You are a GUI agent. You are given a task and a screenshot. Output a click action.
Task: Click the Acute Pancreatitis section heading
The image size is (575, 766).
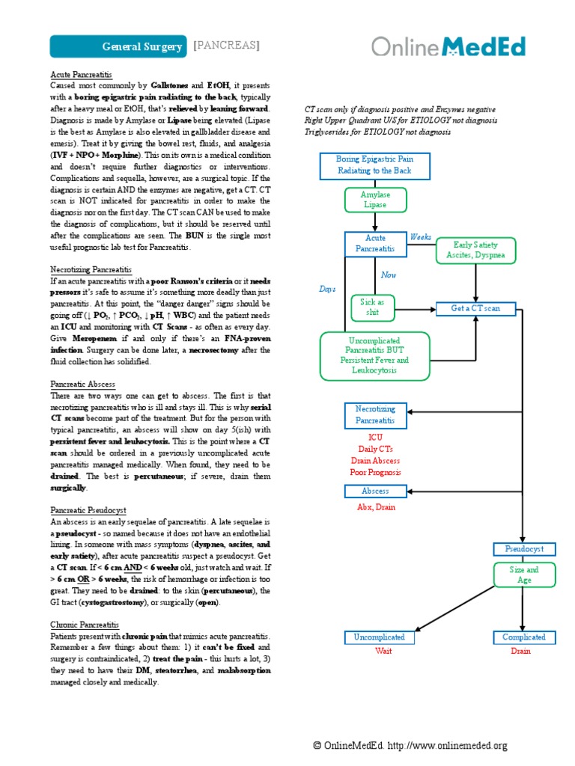pyautogui.click(x=81, y=76)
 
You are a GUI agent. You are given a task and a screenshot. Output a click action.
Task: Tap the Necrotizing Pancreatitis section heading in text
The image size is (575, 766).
pyautogui.click(x=91, y=269)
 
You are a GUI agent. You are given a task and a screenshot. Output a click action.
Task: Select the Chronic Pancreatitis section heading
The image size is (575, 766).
pyautogui.click(x=85, y=625)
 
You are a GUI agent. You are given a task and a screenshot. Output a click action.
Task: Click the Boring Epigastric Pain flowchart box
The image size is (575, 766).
pyautogui.click(x=374, y=165)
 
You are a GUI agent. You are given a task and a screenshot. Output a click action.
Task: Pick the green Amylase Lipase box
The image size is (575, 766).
pyautogui.click(x=374, y=199)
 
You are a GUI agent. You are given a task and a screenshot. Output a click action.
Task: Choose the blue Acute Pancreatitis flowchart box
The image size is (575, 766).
pyautogui.click(x=374, y=243)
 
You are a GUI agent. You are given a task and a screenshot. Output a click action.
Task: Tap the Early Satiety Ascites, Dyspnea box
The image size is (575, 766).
pyautogui.click(x=475, y=250)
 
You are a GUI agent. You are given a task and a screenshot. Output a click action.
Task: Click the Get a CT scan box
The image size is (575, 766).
pyautogui.click(x=475, y=308)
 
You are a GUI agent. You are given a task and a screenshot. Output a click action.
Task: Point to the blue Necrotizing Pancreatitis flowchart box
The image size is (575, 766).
pyautogui.click(x=374, y=415)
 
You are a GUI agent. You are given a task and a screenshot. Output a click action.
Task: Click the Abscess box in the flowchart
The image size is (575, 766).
pyautogui.click(x=375, y=491)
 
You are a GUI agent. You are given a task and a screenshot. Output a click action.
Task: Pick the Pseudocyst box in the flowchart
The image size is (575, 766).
pyautogui.click(x=523, y=549)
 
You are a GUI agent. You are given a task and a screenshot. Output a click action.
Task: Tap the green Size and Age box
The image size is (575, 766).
pyautogui.click(x=523, y=574)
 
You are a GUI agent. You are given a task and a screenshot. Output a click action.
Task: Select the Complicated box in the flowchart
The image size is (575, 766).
pyautogui.click(x=523, y=637)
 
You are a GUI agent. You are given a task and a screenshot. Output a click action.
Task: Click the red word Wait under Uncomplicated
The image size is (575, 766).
pyautogui.click(x=383, y=651)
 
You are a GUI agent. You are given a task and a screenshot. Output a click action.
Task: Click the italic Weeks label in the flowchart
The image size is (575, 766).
pyautogui.click(x=421, y=237)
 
